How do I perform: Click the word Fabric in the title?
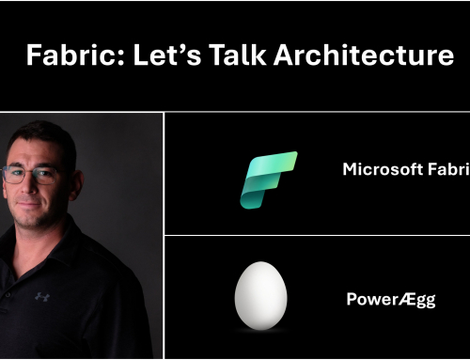[60, 56]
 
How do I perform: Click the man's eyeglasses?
[34, 174]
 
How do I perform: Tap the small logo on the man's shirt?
[42, 297]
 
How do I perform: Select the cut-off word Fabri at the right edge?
[446, 170]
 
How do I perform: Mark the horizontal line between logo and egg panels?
[317, 236]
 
